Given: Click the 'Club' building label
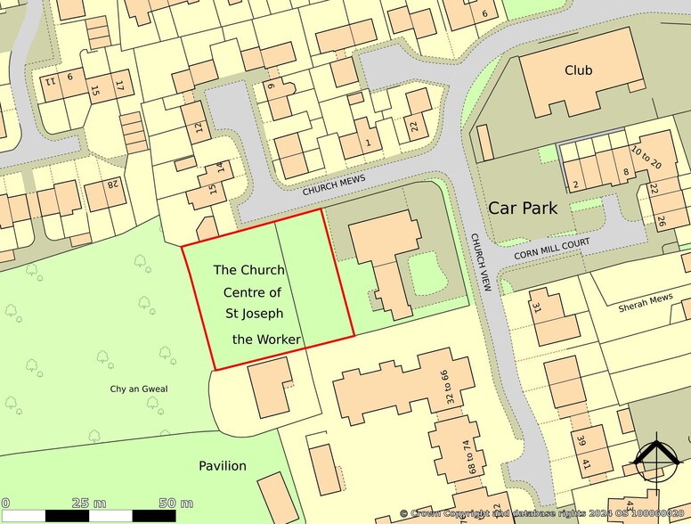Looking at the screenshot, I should [x=579, y=70].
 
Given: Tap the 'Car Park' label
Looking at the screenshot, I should [x=523, y=209].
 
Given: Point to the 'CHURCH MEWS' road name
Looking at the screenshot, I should [x=334, y=184].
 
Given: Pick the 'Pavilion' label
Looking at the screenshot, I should [x=223, y=466].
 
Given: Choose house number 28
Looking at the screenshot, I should [x=113, y=184].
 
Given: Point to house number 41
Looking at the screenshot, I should [x=585, y=464].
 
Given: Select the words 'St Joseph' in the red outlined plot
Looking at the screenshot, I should [x=254, y=315].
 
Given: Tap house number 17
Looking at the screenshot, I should [x=118, y=85].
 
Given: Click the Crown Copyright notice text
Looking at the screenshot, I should [x=544, y=513].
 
